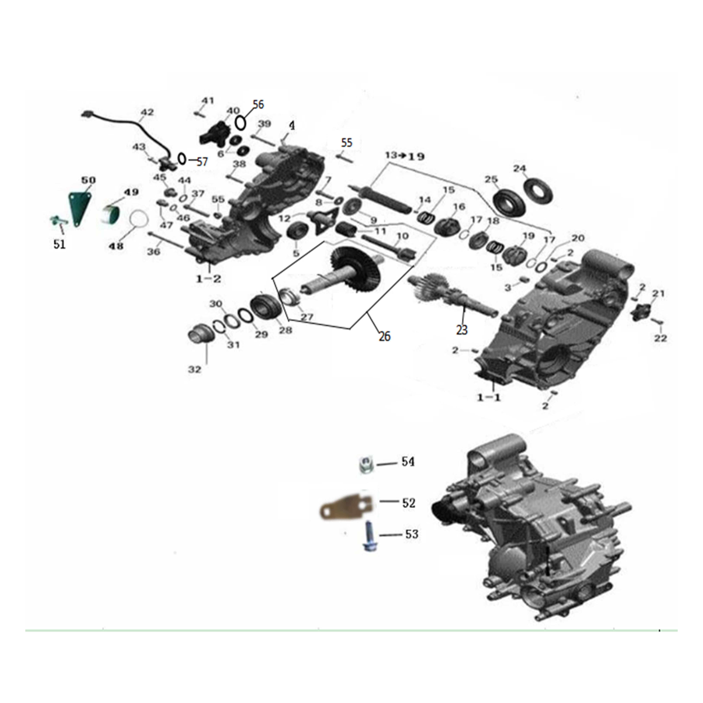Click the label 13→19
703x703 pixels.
click(405, 156)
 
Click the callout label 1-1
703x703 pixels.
click(489, 398)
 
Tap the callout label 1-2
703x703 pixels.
click(209, 279)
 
